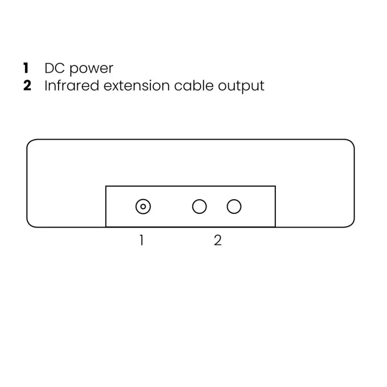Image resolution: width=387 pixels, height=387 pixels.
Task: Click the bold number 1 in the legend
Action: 26,68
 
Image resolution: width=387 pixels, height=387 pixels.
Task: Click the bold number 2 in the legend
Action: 27,86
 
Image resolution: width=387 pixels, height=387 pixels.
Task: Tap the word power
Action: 91,69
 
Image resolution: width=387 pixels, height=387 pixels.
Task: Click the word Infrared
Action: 72,86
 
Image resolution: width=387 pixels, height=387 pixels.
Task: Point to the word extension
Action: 136,86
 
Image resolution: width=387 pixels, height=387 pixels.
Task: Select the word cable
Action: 194,86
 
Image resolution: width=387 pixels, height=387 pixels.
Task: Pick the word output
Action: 241,87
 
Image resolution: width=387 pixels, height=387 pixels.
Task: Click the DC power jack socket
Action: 143,207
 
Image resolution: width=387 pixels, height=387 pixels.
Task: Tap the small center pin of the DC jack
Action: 143,207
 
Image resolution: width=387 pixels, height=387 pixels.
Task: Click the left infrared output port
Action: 199,207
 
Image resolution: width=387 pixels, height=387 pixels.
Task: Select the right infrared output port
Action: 234,207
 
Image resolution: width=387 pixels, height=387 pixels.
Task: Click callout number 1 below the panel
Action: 141,240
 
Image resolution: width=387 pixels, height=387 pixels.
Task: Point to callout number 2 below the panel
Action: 218,240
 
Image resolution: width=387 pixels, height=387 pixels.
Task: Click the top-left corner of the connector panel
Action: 106,186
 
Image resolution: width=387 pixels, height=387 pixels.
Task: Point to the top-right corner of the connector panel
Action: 275,186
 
